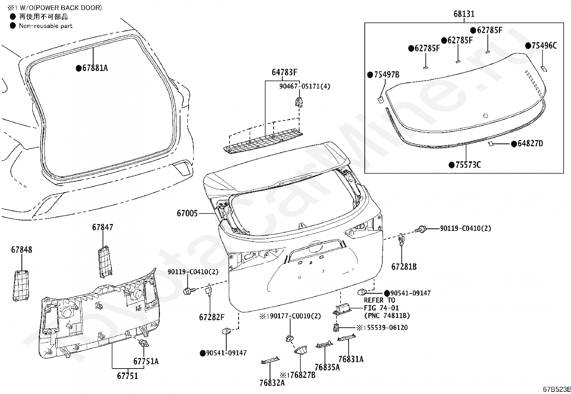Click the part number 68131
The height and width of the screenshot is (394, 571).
[x=464, y=14]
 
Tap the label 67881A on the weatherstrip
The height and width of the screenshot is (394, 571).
[x=95, y=68]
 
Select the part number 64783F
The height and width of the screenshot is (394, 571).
[x=284, y=72]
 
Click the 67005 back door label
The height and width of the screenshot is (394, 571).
[x=187, y=213]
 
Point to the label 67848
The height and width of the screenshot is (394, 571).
[x=22, y=250]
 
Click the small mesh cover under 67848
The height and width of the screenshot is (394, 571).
[x=21, y=286]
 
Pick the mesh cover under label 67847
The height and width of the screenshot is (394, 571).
[x=105, y=262]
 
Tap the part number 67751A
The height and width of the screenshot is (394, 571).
[x=146, y=361]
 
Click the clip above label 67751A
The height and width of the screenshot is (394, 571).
[x=144, y=343]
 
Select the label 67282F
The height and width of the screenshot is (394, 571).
[x=212, y=317]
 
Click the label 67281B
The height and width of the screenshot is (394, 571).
[x=404, y=267]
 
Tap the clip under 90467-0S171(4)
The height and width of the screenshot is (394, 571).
[x=299, y=102]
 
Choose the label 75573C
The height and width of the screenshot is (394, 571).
[x=468, y=165]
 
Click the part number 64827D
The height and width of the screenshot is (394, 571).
[x=530, y=144]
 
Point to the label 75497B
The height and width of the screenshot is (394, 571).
[x=387, y=75]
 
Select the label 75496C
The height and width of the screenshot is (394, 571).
[x=544, y=46]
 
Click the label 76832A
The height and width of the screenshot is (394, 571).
[x=272, y=383]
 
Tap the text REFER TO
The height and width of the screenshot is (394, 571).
[x=379, y=300]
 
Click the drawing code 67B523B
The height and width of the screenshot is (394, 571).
[x=557, y=389]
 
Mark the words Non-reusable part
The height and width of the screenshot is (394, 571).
[x=46, y=26]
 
